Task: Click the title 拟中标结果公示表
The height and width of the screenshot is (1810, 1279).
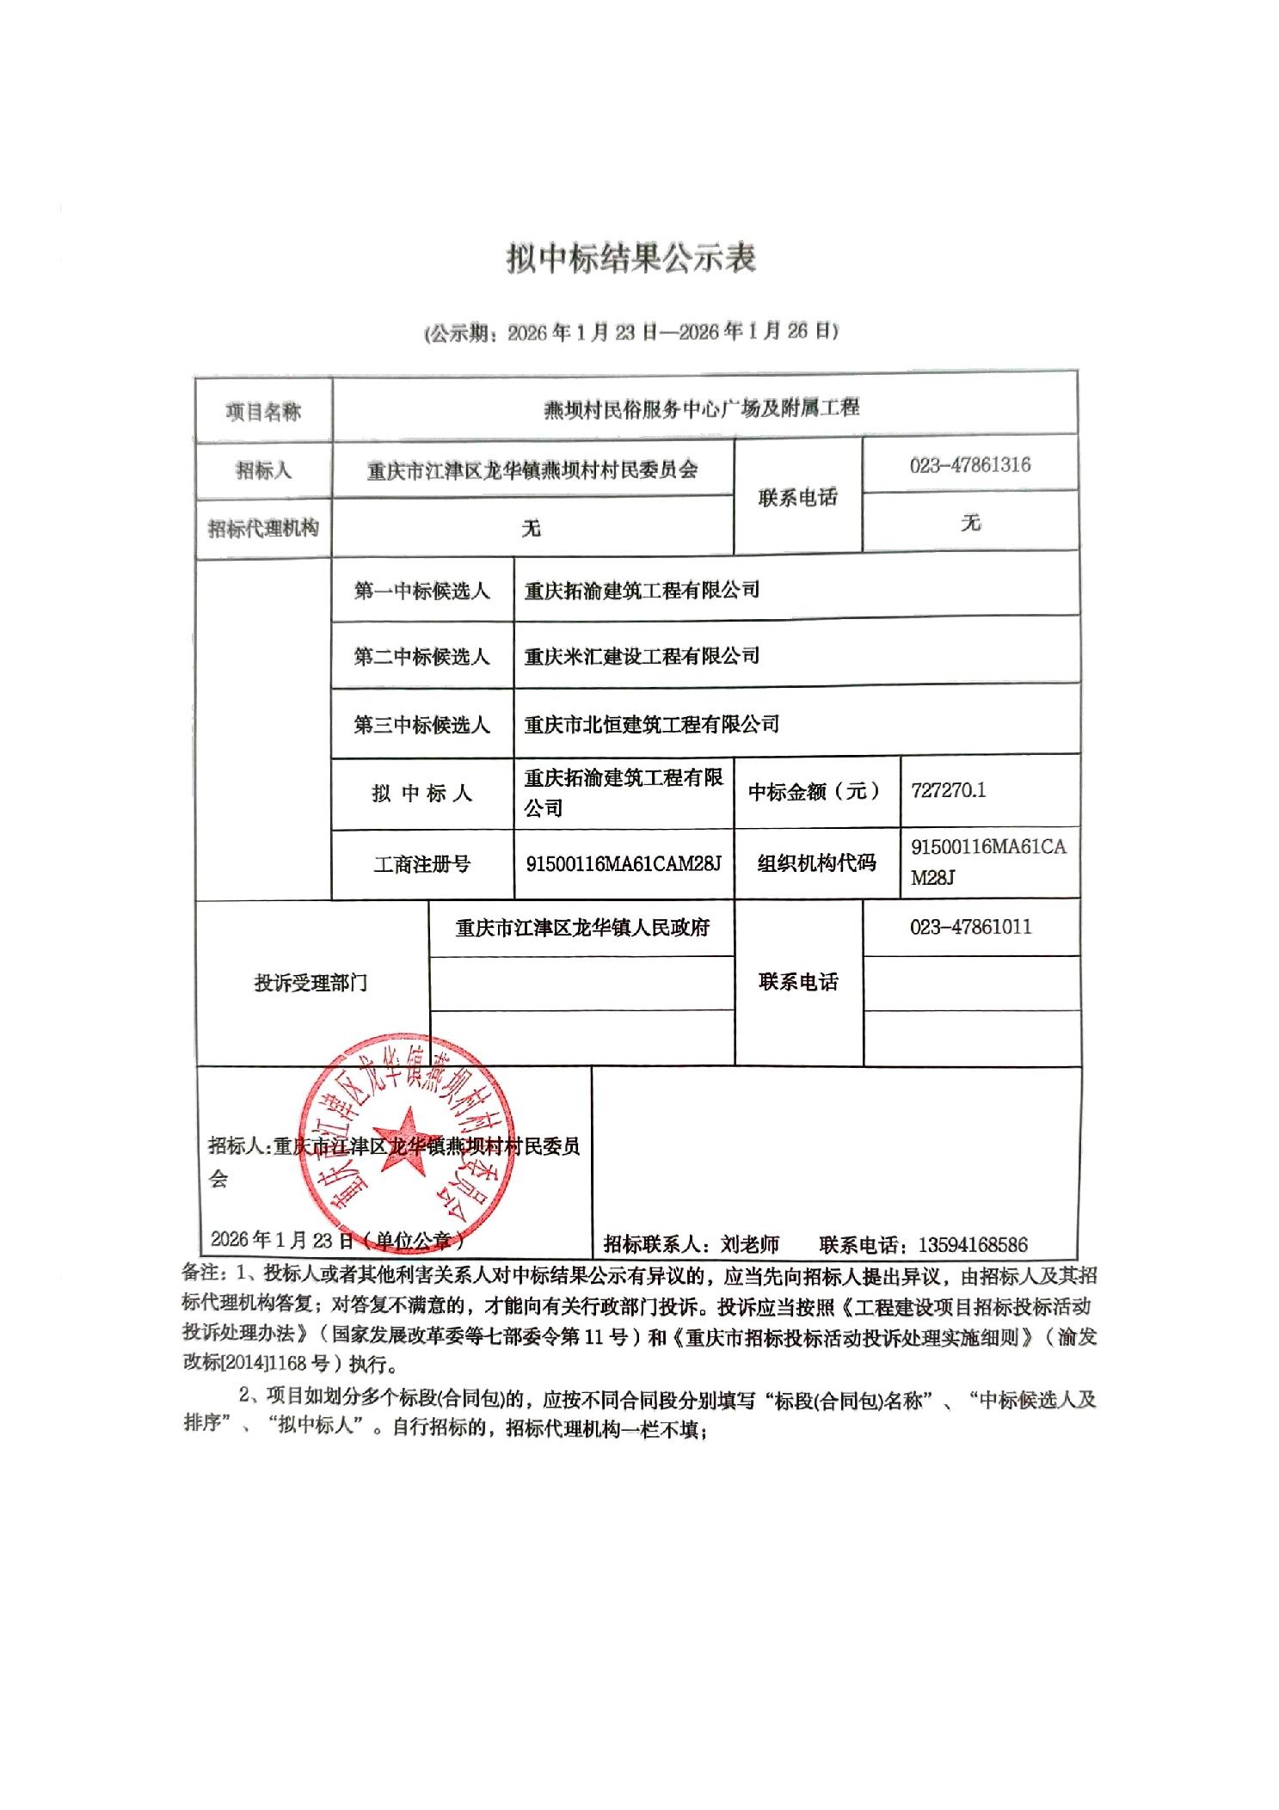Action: [x=630, y=259]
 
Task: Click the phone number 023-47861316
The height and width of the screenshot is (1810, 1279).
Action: [x=969, y=465]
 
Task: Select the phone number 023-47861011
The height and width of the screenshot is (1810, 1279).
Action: [x=970, y=927]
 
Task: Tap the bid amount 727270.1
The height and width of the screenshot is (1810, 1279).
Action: [x=948, y=790]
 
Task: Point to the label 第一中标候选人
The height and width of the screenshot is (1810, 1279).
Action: [x=421, y=591]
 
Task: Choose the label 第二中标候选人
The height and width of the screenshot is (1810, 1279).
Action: [x=421, y=657]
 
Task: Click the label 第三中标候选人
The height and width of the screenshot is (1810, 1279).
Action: [x=421, y=725]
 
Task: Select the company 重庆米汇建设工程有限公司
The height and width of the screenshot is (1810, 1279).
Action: [x=642, y=656]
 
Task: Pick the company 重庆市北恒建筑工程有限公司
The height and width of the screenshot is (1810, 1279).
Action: [x=652, y=724]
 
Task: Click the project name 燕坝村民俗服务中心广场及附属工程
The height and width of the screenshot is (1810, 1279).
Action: [x=701, y=408]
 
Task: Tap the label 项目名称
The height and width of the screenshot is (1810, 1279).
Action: [x=263, y=412]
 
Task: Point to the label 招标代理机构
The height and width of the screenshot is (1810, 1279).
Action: [x=263, y=528]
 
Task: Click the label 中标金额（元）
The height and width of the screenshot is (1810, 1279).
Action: [x=815, y=791]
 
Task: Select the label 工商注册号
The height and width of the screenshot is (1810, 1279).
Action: [x=421, y=864]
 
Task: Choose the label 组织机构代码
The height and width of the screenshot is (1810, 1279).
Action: [x=816, y=863]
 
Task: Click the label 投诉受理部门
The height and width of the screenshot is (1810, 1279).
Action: [x=311, y=983]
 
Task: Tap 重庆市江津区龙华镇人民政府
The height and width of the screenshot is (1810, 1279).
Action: [x=582, y=928]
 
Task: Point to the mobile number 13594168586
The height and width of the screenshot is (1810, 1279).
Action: [x=973, y=1244]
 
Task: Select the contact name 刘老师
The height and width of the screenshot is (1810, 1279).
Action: [x=750, y=1244]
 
